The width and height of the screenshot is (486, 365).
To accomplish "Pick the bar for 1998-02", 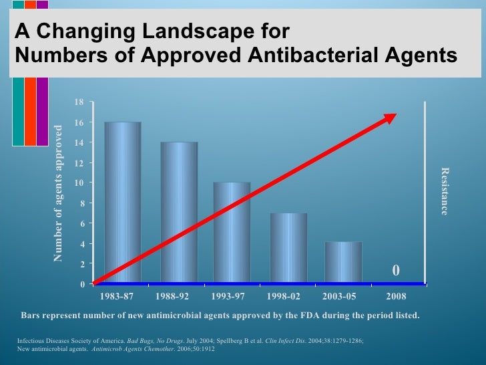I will pyautogui.click(x=288, y=248).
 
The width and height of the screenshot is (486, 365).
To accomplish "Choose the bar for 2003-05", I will pyautogui.click(x=343, y=262).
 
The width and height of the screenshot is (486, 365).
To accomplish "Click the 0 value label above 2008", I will pyautogui.click(x=395, y=271).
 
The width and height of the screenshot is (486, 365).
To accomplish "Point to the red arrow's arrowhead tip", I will pyautogui.click(x=396, y=114).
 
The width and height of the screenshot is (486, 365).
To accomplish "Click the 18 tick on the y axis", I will pyautogui.click(x=79, y=102).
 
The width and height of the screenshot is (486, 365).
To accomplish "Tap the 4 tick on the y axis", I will pyautogui.click(x=81, y=244).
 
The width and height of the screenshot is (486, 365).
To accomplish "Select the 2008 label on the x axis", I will pyautogui.click(x=396, y=295).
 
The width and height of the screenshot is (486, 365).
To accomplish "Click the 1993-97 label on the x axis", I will pyautogui.click(x=232, y=295).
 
